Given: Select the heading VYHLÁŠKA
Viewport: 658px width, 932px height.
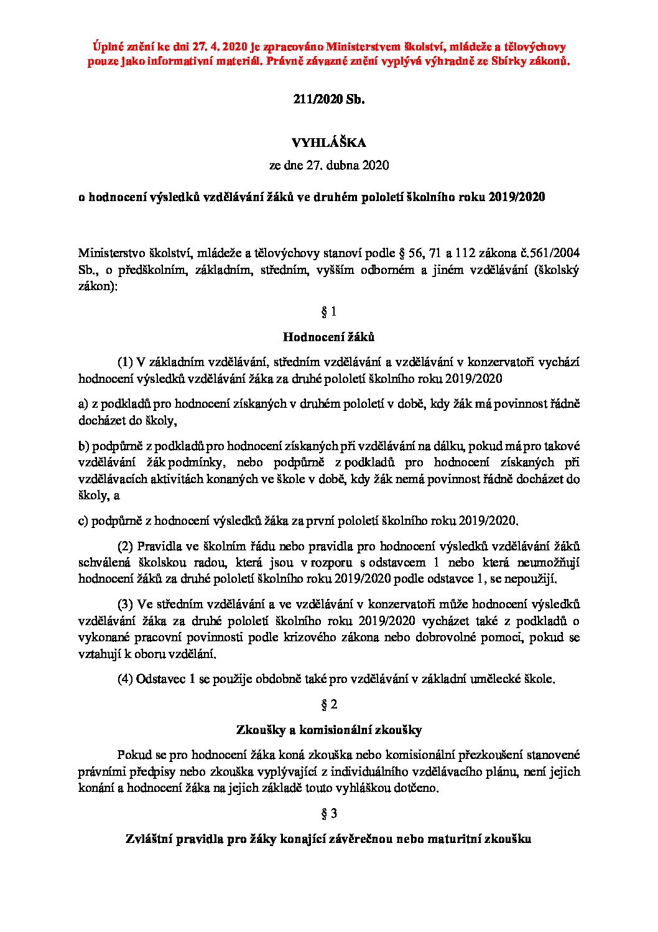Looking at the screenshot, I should point(329,143).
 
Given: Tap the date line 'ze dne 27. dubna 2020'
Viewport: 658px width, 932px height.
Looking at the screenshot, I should point(329,166).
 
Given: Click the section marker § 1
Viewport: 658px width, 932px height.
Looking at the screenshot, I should point(329,310).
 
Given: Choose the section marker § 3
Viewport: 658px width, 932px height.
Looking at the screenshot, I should point(329,813).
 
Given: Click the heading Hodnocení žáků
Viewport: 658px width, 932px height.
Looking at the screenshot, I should point(329,337).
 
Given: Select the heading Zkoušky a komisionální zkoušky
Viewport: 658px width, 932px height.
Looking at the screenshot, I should point(329,730).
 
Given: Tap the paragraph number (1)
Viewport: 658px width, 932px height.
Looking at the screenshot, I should point(126,362).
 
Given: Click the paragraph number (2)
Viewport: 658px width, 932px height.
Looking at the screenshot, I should point(126,546).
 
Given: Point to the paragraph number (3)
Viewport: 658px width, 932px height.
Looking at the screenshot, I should point(126,604).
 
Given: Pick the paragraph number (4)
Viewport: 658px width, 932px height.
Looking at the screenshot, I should point(126,679).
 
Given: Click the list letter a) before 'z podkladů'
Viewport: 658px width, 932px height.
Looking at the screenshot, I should point(83,404).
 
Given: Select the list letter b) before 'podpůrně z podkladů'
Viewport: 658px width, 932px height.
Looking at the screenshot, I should point(83,446).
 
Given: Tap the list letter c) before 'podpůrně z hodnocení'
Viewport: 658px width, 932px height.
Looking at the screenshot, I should point(83,520).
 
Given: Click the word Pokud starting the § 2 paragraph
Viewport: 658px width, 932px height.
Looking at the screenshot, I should point(132,755).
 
